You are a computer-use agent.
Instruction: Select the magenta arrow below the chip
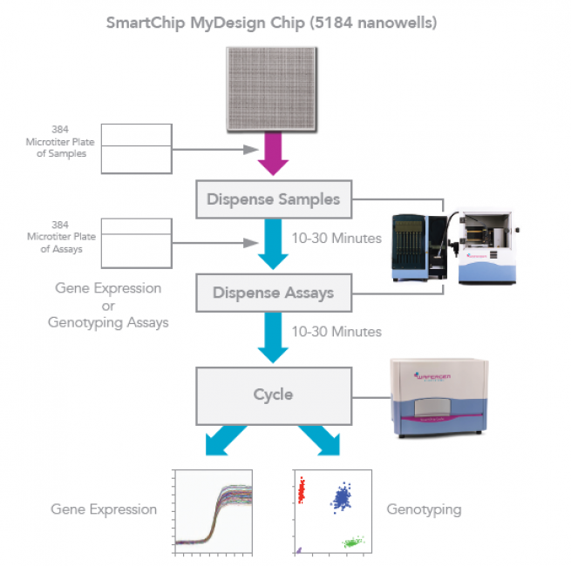pos(272,154)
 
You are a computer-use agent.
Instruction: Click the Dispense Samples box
pos(273,199)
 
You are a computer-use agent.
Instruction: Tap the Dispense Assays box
pos(273,293)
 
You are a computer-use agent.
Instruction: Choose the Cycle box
pos(273,394)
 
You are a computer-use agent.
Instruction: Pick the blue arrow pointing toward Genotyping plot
pos(327,443)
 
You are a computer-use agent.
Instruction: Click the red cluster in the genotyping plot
pos(302,492)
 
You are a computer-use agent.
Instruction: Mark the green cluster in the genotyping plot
pos(354,542)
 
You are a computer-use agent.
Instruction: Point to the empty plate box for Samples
pos(138,146)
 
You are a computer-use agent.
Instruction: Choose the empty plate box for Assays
pos(138,243)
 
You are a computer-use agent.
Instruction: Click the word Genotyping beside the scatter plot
pos(425,509)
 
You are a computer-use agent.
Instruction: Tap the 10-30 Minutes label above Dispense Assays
pos(336,238)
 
